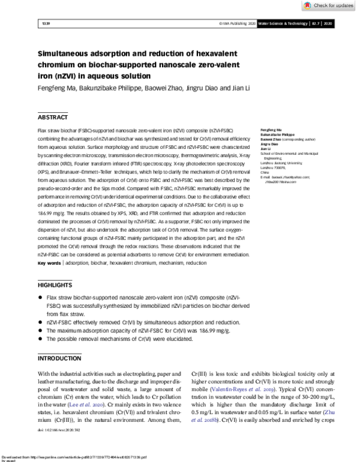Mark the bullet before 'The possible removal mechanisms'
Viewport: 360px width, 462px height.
tap(40, 339)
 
